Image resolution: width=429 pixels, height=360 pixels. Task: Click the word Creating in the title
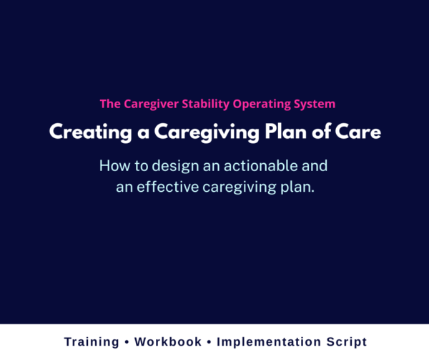[79, 133]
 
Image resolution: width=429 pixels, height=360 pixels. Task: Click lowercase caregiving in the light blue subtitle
[242, 188]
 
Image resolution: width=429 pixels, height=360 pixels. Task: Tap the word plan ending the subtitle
[297, 188]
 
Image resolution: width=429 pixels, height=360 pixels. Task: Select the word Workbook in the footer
[169, 342]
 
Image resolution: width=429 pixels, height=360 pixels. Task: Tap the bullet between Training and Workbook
[129, 342]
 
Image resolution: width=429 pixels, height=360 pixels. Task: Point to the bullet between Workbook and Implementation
[209, 342]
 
